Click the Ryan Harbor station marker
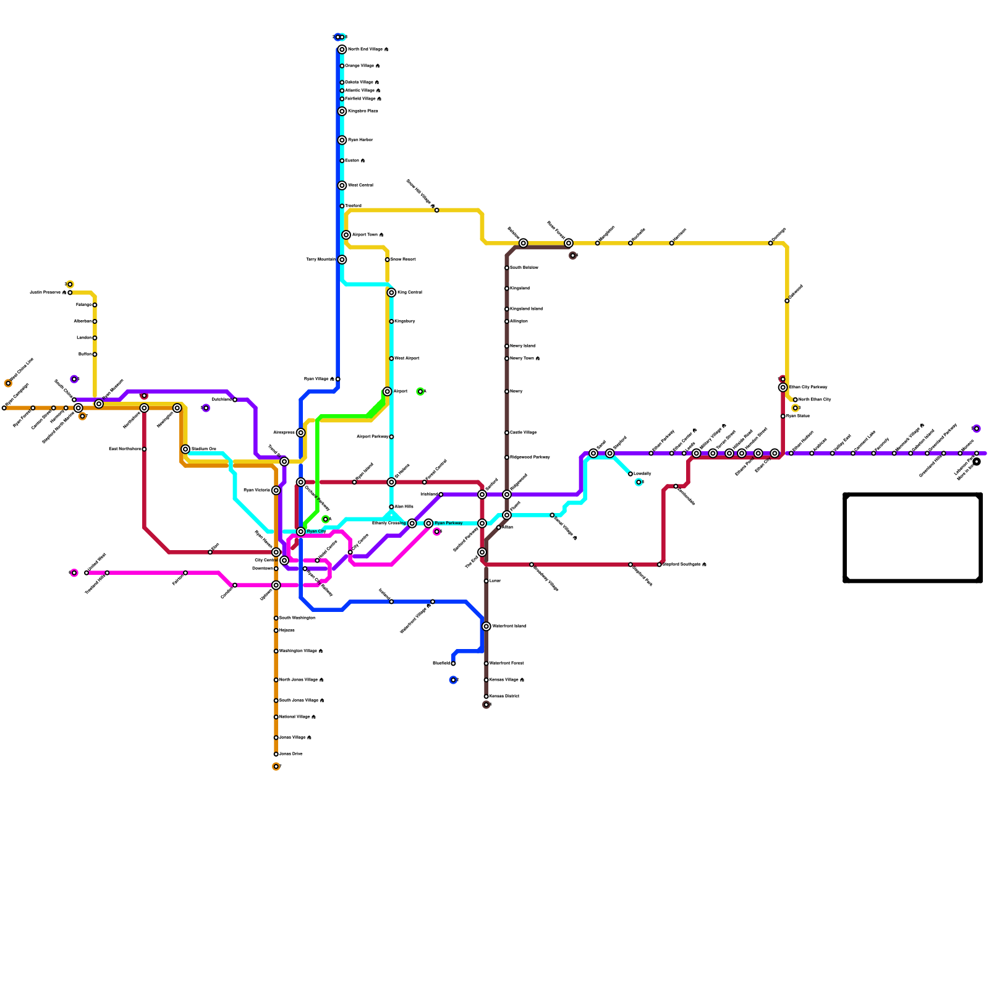(342, 140)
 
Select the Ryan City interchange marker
(301, 532)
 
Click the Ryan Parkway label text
(448, 524)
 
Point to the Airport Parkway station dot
(391, 437)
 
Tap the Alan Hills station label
(404, 507)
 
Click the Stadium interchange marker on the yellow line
(185, 449)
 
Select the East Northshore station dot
(144, 449)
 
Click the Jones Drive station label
(291, 754)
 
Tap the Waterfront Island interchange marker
(486, 627)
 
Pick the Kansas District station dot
(486, 697)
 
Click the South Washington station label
(297, 618)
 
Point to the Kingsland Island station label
(526, 309)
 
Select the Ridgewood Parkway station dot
(507, 457)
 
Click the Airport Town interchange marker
(346, 235)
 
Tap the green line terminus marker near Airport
(420, 391)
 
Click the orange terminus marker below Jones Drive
(276, 766)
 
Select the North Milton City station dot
(796, 400)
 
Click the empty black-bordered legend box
(913, 538)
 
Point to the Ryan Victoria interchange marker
(276, 490)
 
